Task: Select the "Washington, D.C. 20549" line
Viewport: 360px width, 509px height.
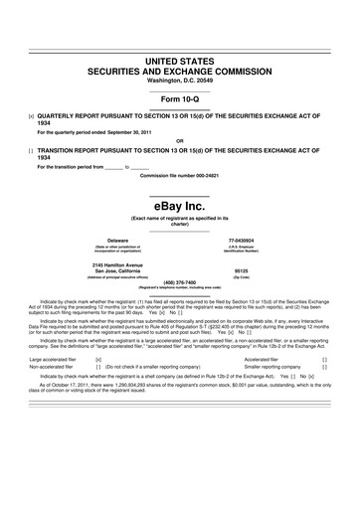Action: point(180,80)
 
